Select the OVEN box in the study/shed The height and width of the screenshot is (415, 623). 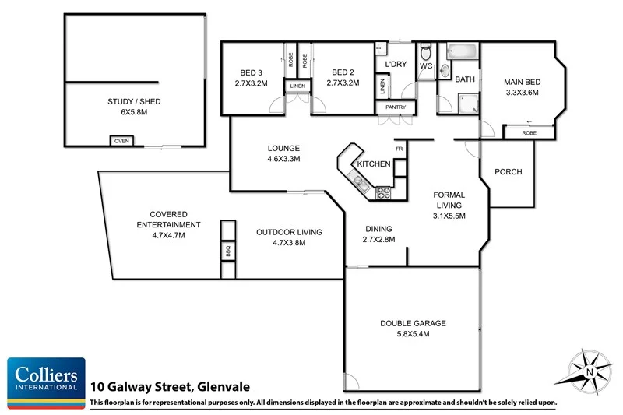[x=121, y=141]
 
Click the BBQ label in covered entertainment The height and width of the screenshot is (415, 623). [x=228, y=251]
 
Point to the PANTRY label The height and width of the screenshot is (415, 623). [x=396, y=107]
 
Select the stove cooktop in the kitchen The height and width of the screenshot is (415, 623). [x=383, y=192]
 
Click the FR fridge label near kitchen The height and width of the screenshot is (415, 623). [x=399, y=149]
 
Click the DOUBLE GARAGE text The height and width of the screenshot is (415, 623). [x=414, y=323]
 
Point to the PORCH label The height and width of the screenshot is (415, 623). [x=508, y=172]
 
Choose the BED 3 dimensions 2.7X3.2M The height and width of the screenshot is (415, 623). [x=252, y=83]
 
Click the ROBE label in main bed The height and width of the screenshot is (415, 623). [x=529, y=133]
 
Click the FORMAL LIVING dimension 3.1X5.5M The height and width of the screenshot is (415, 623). [x=449, y=216]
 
